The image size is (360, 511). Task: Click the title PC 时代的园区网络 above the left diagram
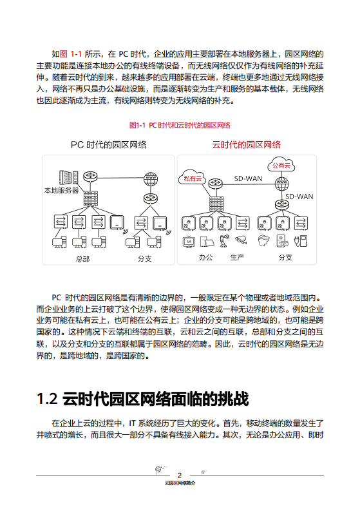(108, 145)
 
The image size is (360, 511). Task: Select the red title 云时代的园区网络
(247, 145)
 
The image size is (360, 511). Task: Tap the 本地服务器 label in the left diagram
(61, 190)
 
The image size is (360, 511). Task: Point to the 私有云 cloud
(193, 178)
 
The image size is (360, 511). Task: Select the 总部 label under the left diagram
(82, 258)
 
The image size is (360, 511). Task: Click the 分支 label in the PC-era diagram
(144, 258)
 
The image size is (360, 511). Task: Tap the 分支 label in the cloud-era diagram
(285, 257)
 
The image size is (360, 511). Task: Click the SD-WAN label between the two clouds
(248, 178)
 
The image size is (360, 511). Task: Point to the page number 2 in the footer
(180, 475)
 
